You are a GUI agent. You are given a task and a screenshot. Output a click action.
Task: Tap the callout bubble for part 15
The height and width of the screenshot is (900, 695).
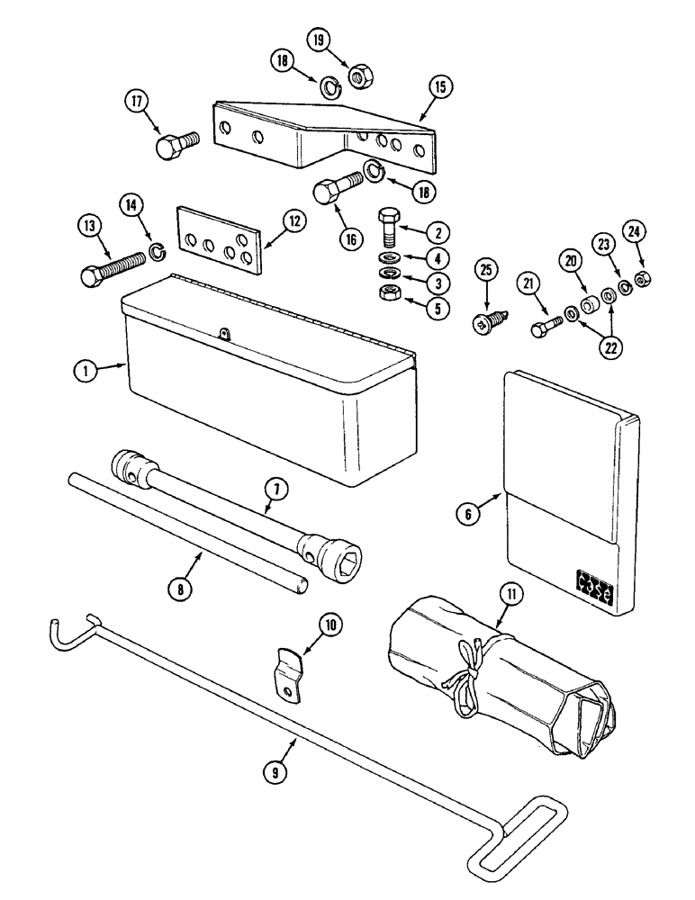point(440,87)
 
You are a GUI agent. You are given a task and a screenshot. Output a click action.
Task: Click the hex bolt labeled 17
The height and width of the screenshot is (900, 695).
point(172,145)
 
